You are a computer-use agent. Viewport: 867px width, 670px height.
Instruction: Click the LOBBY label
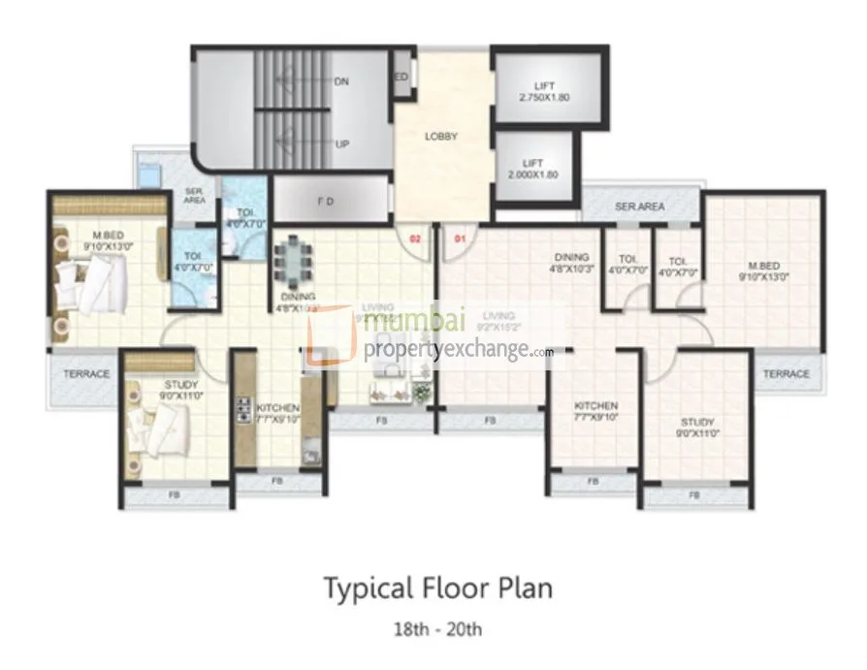tap(440, 137)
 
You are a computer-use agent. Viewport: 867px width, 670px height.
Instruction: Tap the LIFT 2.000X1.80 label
tap(532, 169)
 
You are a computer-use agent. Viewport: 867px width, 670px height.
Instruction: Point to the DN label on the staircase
tap(341, 82)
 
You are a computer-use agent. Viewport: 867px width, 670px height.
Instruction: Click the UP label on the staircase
tap(341, 144)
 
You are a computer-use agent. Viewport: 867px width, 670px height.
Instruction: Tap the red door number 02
tap(414, 237)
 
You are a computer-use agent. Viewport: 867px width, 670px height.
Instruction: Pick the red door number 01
tap(461, 237)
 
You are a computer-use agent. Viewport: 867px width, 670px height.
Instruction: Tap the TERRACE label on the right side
tap(786, 373)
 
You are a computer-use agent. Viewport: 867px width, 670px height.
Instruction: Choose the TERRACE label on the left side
tap(86, 373)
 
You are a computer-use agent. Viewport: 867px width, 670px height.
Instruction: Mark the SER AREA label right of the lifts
tap(639, 207)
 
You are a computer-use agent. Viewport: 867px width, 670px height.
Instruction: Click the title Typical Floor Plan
tap(437, 589)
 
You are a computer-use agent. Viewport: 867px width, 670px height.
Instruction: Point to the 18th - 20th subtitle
tap(437, 628)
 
